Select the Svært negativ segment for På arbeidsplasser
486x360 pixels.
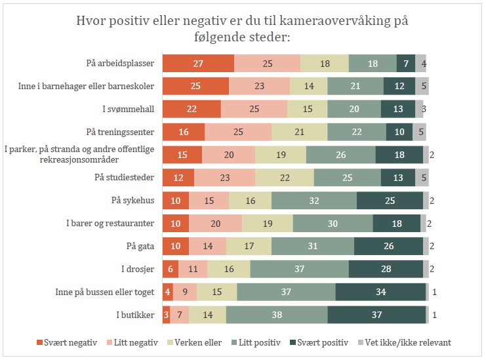pos(198,63)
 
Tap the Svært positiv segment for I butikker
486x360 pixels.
pos(376,315)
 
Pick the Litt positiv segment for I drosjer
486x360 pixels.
pos(299,269)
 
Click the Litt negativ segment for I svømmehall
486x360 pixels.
pos(254,109)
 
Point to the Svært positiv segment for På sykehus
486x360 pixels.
pos(390,200)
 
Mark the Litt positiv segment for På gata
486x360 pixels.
pos(312,246)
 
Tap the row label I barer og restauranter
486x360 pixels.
pos(110,223)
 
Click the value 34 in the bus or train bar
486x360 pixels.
pos(380,292)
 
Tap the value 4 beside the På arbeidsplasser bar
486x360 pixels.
pos(424,64)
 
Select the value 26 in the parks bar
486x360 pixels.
pos(340,154)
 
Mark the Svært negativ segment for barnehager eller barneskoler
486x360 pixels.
pos(195,86)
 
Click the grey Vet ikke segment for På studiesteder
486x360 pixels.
pos(422,177)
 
